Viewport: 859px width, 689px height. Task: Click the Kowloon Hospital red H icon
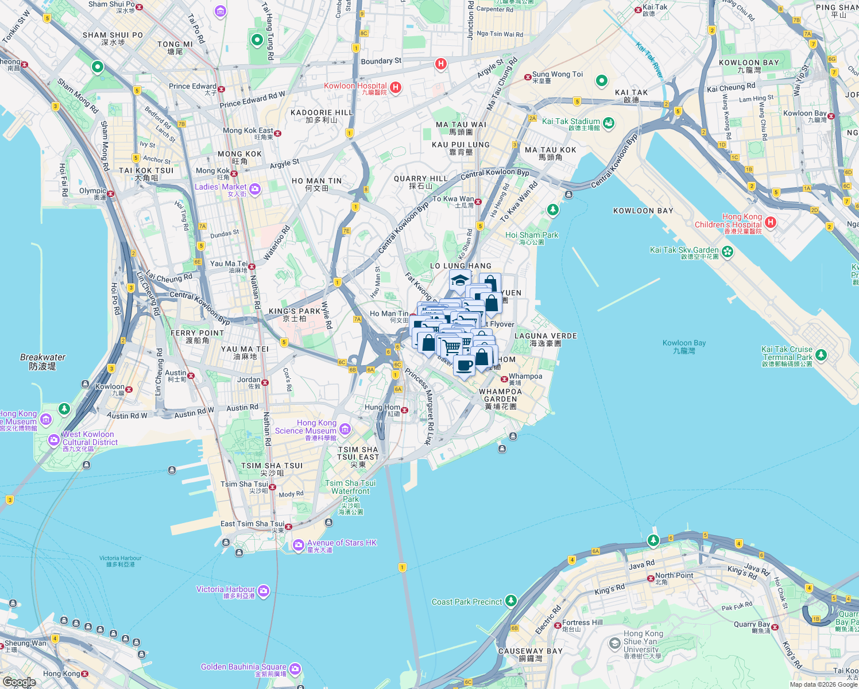pos(396,87)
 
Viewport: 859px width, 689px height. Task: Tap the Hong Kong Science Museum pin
pos(345,428)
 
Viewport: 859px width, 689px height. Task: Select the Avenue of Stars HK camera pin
pos(298,545)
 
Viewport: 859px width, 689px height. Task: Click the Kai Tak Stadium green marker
pos(609,122)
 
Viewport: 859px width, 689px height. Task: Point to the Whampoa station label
pos(525,377)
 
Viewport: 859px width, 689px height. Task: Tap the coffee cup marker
pos(464,365)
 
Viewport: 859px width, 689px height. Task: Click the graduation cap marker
pos(460,281)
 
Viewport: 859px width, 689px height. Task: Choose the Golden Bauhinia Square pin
pos(295,669)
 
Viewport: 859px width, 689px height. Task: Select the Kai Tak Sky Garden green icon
pos(728,251)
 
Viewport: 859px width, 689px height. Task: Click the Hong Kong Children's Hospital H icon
pos(771,222)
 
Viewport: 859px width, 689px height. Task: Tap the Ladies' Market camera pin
pos(255,188)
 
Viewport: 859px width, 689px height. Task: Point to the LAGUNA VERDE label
pos(545,336)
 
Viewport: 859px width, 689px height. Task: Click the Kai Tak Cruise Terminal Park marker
pos(821,355)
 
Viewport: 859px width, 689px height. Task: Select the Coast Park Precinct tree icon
pos(510,601)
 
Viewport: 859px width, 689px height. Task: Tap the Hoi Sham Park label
pos(532,235)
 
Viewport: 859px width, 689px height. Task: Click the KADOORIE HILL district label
pos(322,113)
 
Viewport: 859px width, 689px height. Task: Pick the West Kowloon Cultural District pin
pos(54,440)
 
